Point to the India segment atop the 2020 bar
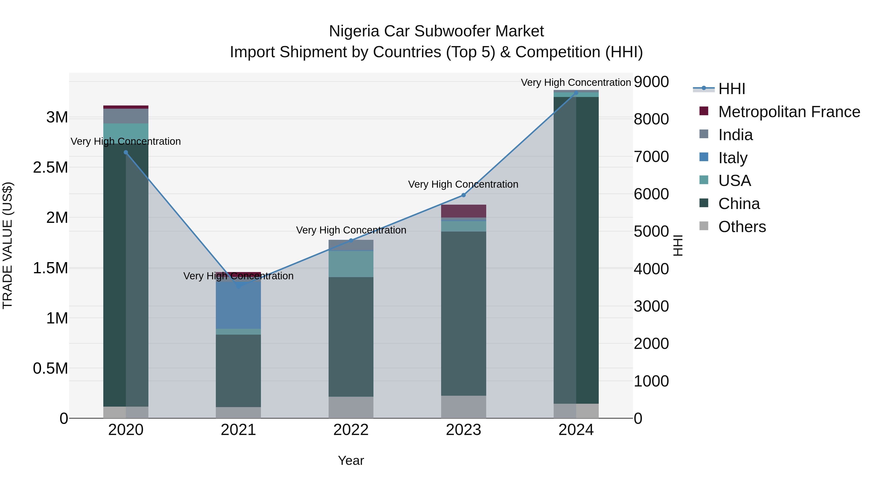126,116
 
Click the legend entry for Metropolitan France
789,112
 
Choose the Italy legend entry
732,158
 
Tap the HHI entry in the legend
731,89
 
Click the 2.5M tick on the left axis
50,167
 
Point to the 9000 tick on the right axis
651,82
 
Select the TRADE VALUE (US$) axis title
8,245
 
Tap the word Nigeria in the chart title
354,31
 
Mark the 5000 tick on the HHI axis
651,232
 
